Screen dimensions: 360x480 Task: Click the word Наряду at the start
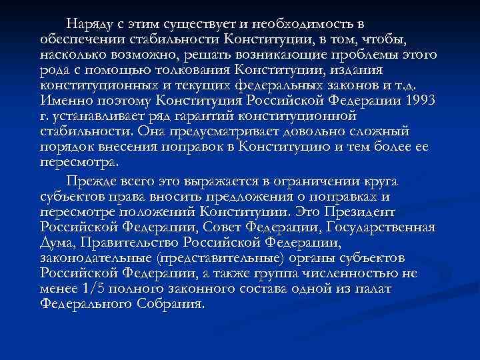pyautogui.click(x=90, y=25)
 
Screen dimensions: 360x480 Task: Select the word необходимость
pyautogui.click(x=303, y=25)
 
